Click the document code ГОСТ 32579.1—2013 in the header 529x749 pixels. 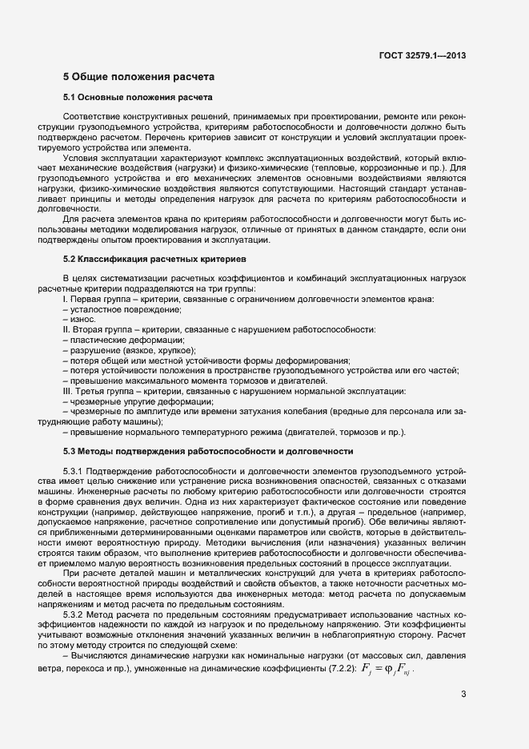pyautogui.click(x=422, y=55)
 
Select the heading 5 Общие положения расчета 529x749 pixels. pyautogui.click(x=138, y=77)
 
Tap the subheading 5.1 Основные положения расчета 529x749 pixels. pyautogui.click(x=137, y=98)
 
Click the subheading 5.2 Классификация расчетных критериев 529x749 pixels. pyautogui.click(x=154, y=260)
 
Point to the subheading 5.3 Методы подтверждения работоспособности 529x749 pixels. pyautogui.click(x=208, y=452)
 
